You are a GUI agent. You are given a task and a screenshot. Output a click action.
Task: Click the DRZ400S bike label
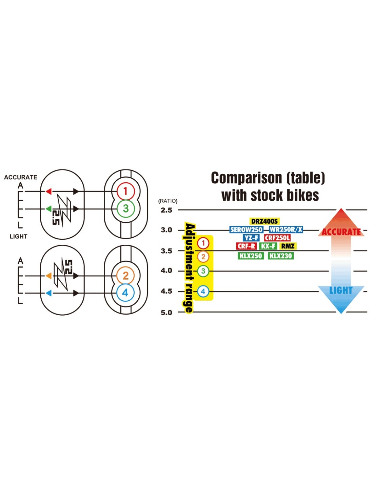pos(264,221)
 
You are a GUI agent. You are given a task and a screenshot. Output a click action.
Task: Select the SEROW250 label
pos(246,230)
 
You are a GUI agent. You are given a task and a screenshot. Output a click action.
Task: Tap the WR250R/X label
pos(286,230)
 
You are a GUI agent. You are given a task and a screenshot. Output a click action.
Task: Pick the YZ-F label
pos(251,238)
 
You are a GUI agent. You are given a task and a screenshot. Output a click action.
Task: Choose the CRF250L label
pos(277,238)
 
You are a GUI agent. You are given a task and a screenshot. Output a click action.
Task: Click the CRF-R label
pos(247,246)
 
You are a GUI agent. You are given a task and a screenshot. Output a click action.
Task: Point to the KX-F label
pos(268,246)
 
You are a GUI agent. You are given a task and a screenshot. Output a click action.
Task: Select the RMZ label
pos(288,246)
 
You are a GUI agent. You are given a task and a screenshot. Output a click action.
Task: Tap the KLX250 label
pos(251,256)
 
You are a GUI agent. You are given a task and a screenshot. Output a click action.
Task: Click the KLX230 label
pos(281,256)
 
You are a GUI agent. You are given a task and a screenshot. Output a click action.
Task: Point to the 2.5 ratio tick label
pos(166,210)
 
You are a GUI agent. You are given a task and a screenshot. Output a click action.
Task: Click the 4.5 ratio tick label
pos(166,292)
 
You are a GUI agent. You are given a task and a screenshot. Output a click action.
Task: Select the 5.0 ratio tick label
pos(166,313)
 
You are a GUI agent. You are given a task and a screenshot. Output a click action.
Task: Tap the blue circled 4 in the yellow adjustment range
pos(203,291)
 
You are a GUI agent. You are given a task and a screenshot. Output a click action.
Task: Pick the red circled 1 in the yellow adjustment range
pos(203,243)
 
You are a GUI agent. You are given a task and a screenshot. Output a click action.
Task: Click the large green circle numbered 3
pos(126,208)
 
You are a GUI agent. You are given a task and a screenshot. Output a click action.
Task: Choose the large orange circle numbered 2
pos(125,276)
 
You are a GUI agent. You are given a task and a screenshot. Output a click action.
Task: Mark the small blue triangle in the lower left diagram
pos(49,293)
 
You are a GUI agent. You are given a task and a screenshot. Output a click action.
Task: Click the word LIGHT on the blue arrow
pos(341,290)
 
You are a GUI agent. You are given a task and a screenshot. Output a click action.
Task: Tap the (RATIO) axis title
pos(168,201)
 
